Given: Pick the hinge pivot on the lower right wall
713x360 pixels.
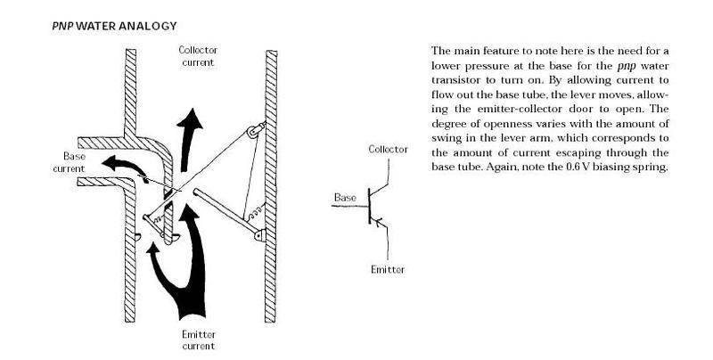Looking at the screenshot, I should pyautogui.click(x=259, y=235).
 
